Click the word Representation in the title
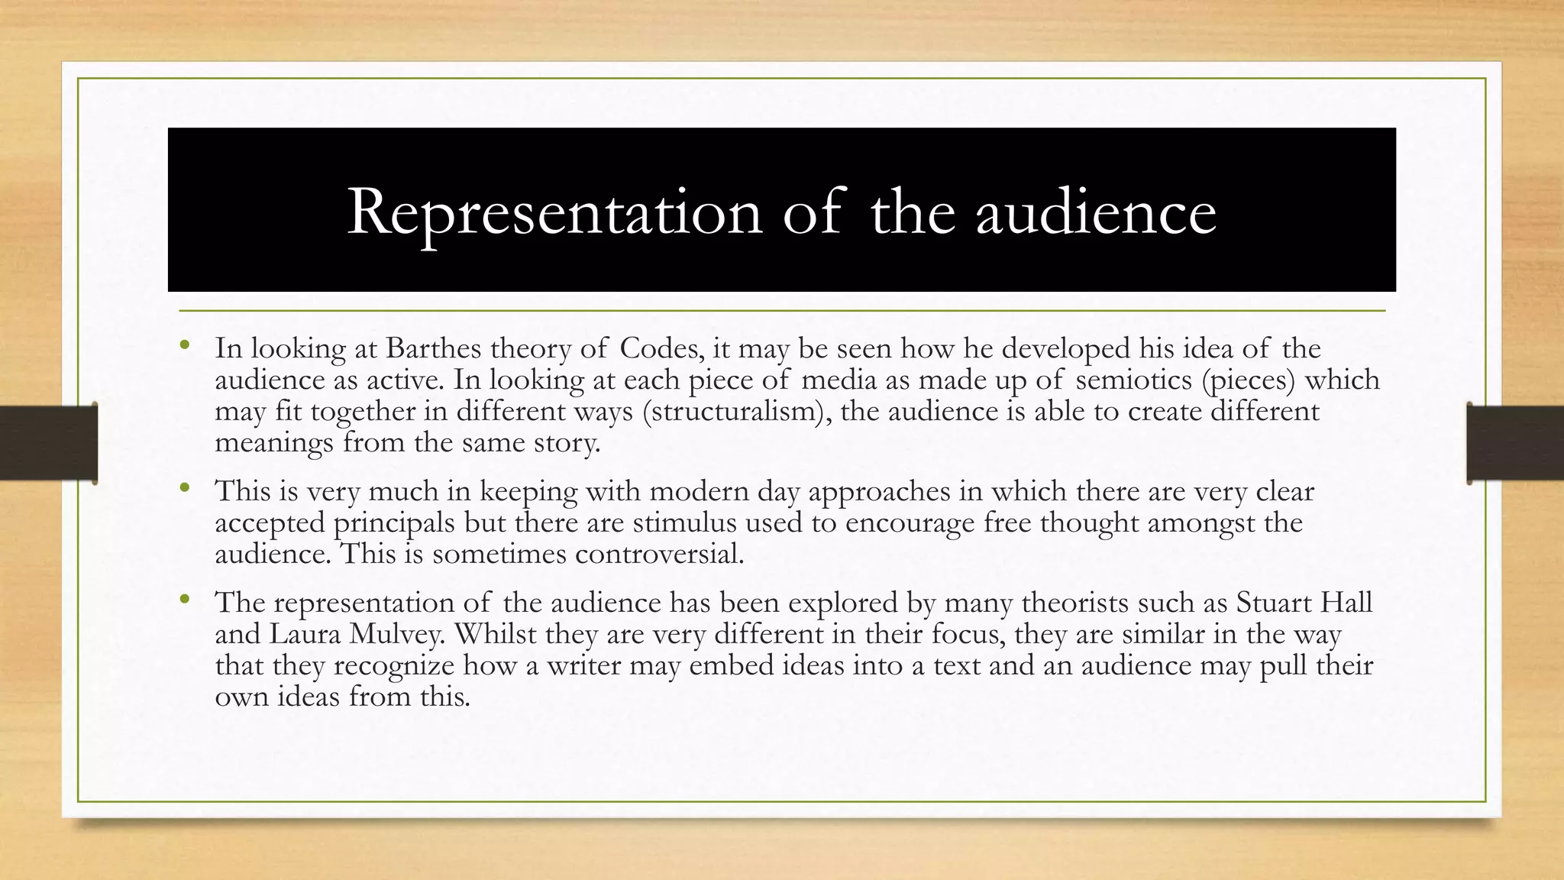(554, 212)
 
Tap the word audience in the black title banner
(1096, 212)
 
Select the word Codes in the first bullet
(660, 348)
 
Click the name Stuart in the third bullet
(1277, 603)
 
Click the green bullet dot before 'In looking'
(184, 346)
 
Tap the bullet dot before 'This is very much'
(184, 488)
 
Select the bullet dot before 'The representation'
(184, 600)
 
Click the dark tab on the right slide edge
(1515, 443)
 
